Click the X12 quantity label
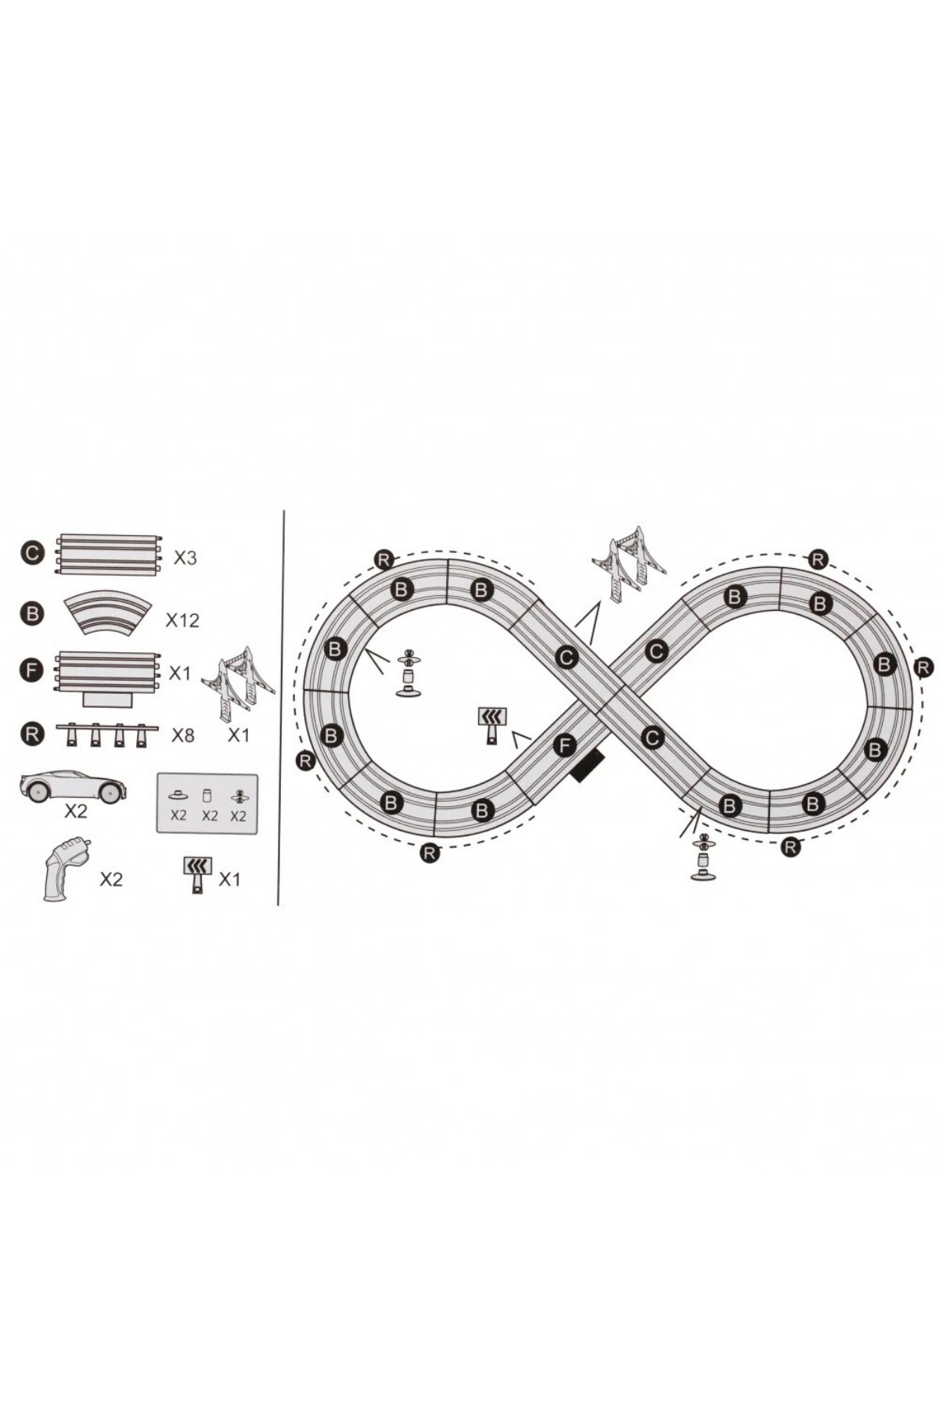click(182, 620)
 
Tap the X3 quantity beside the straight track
click(185, 558)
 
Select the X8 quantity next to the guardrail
click(183, 735)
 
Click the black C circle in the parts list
click(31, 554)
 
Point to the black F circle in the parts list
click(31, 671)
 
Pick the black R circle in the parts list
click(31, 735)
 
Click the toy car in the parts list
click(74, 785)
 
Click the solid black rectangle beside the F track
click(588, 765)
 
